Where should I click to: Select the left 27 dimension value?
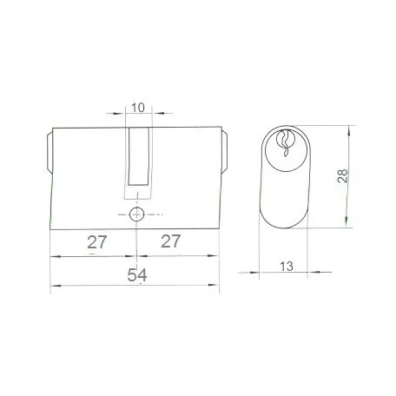coord(95,242)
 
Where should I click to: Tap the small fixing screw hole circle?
coord(135,214)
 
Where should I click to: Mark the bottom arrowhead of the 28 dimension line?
coord(348,222)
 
